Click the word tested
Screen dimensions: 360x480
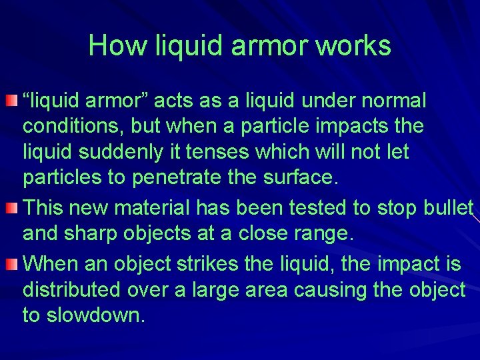(x=315, y=208)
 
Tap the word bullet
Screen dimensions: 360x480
(x=448, y=208)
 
